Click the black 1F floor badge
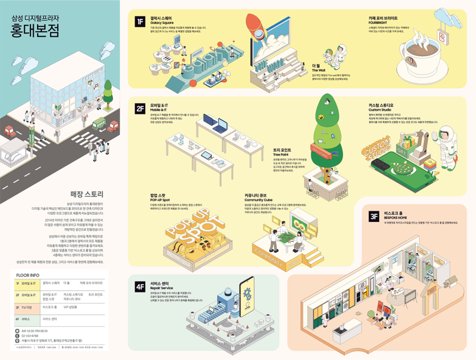[x=140, y=21]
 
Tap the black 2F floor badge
[x=140, y=109]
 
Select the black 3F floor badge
[x=374, y=216]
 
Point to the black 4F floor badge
[x=140, y=287]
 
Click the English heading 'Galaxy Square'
[x=162, y=23]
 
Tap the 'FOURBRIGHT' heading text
[x=378, y=22]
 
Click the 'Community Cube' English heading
[x=258, y=200]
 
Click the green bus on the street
[x=99, y=124]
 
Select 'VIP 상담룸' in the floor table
[x=71, y=307]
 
